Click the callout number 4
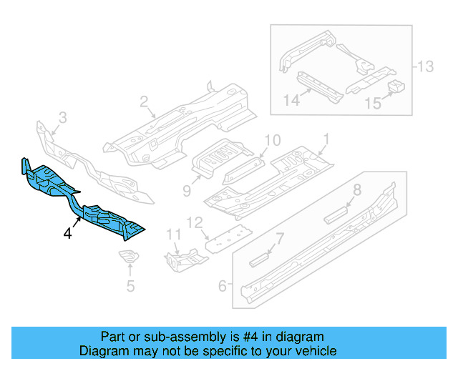coord(67,233)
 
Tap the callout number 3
coord(62,117)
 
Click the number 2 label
coord(143,102)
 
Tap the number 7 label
coord(281,237)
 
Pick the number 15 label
coord(372,104)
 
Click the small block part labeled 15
coord(396,87)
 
